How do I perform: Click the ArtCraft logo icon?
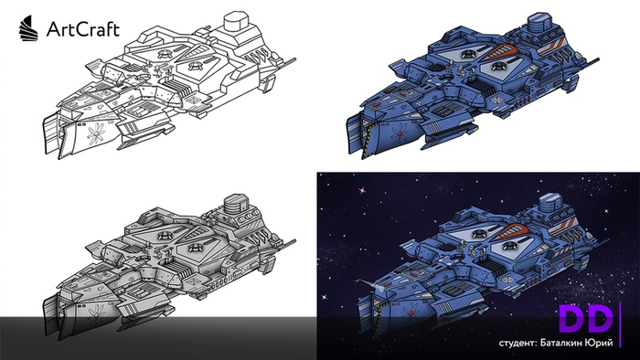tap(28, 28)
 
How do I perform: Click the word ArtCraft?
tap(83, 29)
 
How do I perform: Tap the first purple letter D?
tap(571, 319)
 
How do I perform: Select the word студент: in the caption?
tap(517, 343)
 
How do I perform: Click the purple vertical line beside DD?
tap(621, 324)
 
